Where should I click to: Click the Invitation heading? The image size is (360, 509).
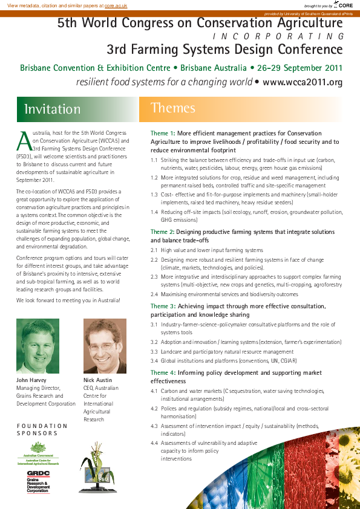point(52,109)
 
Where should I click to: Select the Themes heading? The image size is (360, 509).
point(173,108)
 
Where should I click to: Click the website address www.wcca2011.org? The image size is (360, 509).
point(303,82)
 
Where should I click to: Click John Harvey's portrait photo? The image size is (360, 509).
point(38,346)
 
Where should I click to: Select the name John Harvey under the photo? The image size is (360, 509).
point(31,380)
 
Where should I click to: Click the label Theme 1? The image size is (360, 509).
point(163,133)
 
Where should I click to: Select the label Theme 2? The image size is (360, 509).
point(163,232)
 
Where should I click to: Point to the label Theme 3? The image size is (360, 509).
point(163,306)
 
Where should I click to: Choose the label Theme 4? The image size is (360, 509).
point(163,373)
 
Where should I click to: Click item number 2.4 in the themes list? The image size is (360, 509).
point(154,294)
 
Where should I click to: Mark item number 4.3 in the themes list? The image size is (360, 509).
point(154,426)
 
